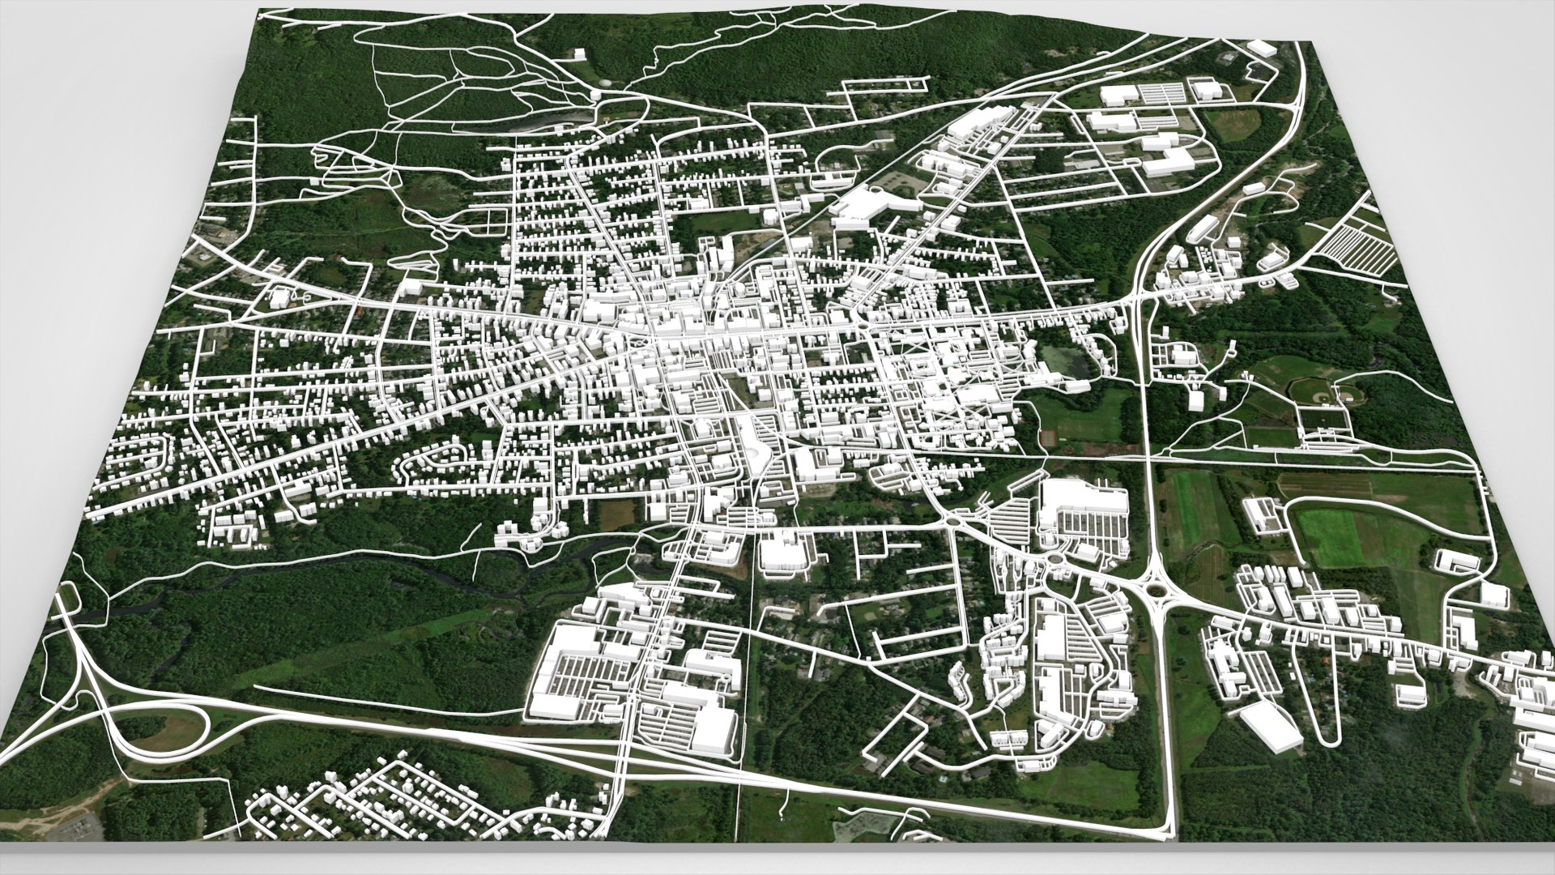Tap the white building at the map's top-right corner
tap(1263, 46)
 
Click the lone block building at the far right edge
tap(1494, 594)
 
